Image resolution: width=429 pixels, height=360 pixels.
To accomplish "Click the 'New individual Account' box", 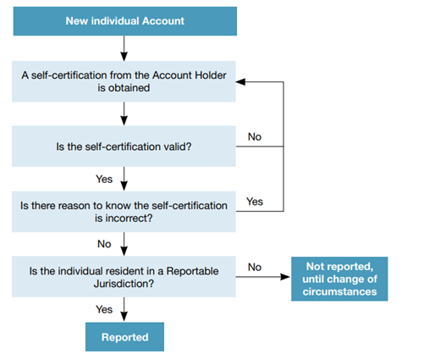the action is click(x=125, y=21).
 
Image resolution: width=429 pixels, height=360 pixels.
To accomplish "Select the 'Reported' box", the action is click(x=124, y=337).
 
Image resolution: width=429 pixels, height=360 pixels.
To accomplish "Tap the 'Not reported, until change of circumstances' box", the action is click(x=339, y=279).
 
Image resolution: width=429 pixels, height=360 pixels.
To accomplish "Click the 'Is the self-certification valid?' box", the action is click(x=124, y=147).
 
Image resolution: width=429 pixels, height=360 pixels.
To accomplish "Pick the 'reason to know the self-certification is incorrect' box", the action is click(x=124, y=212).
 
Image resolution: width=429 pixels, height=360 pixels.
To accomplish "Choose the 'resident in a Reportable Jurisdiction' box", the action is click(x=124, y=277).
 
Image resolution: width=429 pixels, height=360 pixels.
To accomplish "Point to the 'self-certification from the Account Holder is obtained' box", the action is click(x=124, y=81).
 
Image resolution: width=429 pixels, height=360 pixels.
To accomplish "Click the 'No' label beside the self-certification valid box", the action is click(x=255, y=136).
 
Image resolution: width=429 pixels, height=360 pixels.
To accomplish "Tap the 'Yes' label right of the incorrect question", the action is click(x=255, y=202).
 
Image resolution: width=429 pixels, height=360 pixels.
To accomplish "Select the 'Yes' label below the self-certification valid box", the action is click(x=104, y=179).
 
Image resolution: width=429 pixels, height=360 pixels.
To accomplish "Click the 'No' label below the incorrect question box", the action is click(x=104, y=244).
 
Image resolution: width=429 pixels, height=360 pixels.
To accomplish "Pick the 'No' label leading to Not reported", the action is click(x=255, y=267).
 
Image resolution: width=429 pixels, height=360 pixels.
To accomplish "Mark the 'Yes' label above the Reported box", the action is click(x=104, y=309).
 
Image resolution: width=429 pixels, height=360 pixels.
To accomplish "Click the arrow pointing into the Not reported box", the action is click(x=262, y=277).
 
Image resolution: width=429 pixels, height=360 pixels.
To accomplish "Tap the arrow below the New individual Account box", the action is click(x=124, y=48).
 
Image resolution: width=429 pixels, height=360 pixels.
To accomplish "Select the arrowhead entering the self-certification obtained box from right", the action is click(x=240, y=82).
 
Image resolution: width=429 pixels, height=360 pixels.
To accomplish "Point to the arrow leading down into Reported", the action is click(x=124, y=309).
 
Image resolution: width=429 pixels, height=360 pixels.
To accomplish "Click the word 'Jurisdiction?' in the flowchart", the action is click(x=124, y=284).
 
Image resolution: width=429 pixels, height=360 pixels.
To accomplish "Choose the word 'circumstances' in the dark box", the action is click(x=339, y=291).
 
